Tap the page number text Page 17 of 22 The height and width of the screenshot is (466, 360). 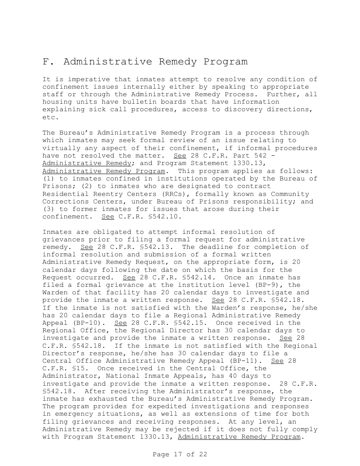click(x=180, y=454)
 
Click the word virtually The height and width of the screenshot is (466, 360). click(x=61, y=148)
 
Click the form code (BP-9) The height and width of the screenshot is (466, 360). click(x=264, y=284)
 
